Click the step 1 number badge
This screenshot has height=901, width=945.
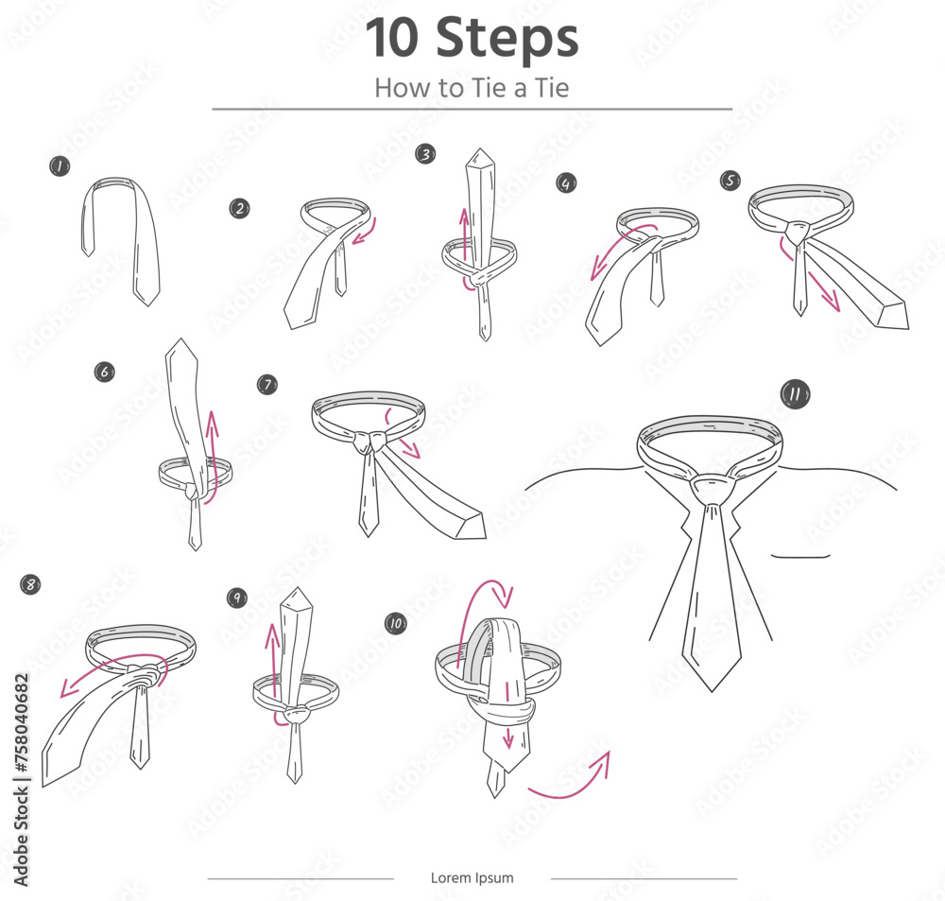(60, 165)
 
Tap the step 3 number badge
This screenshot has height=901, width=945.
(425, 154)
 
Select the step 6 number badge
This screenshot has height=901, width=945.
(105, 372)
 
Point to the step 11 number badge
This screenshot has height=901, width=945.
(795, 394)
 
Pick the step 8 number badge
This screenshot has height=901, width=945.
(30, 583)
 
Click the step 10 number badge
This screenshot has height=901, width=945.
(395, 623)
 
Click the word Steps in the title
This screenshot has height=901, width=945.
(507, 38)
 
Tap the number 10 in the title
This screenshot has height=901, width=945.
(392, 38)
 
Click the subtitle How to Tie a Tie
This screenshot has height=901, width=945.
(472, 88)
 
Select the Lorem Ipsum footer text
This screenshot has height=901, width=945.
(472, 877)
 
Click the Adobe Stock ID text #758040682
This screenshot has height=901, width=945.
(21, 722)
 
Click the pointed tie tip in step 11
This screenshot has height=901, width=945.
(712, 690)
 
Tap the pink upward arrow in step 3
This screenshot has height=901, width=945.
(465, 235)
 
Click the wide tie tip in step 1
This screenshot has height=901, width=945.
(146, 300)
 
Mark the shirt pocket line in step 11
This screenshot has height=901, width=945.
(800, 556)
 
